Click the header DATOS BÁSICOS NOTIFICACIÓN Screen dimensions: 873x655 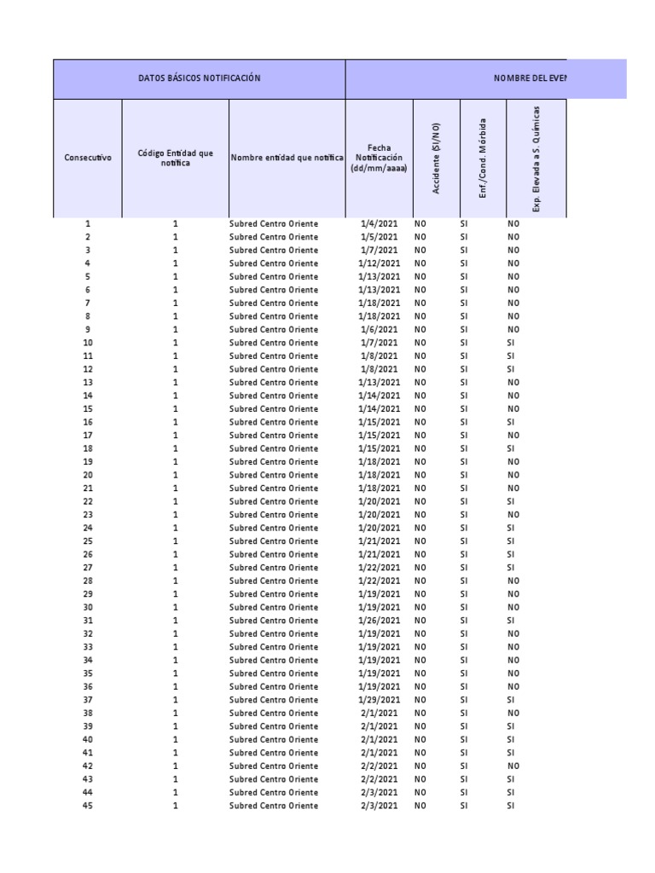(x=199, y=78)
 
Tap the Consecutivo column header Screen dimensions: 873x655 (x=88, y=158)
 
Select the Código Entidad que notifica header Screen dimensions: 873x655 (x=176, y=158)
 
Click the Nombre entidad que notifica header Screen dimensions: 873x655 (x=287, y=158)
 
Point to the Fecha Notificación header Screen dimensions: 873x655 (x=379, y=158)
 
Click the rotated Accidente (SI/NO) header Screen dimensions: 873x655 (x=437, y=158)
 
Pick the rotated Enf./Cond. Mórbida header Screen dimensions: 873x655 (x=483, y=158)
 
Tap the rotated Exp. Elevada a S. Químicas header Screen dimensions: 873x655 (x=536, y=158)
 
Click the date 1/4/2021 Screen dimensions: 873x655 (x=379, y=223)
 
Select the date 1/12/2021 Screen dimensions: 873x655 (x=379, y=263)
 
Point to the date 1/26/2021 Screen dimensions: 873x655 (x=379, y=621)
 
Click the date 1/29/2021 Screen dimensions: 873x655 (x=379, y=700)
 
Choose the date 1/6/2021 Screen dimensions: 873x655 (x=379, y=329)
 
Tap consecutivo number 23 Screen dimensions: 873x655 (x=88, y=514)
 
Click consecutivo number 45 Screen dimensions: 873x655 (x=88, y=806)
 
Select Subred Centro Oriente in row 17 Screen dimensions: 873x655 (x=273, y=435)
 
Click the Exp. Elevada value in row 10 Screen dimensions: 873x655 (x=511, y=343)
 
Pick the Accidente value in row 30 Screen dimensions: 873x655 (x=420, y=607)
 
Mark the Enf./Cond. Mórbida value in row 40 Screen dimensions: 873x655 (x=464, y=739)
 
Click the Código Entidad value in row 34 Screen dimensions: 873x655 (x=176, y=660)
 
